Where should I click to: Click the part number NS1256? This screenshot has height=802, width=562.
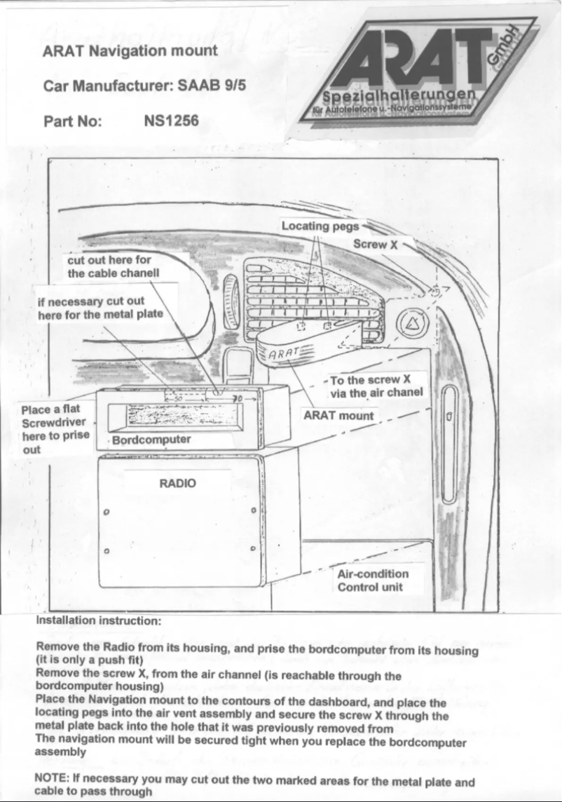tap(171, 121)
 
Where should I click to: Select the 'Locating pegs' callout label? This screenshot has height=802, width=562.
tap(320, 226)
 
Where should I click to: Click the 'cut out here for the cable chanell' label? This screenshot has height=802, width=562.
tap(114, 266)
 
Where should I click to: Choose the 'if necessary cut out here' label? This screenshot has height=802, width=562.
tap(100, 307)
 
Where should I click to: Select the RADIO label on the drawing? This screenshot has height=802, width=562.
tap(178, 483)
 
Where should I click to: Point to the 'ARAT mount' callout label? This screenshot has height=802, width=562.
tap(338, 415)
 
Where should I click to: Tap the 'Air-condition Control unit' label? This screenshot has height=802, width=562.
tap(373, 580)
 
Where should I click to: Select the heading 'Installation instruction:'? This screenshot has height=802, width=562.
tap(99, 621)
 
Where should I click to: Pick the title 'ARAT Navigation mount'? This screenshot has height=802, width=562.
tap(130, 50)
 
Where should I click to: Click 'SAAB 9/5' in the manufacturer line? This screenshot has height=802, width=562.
tap(214, 86)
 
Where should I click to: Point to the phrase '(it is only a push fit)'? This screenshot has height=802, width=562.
tap(90, 660)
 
